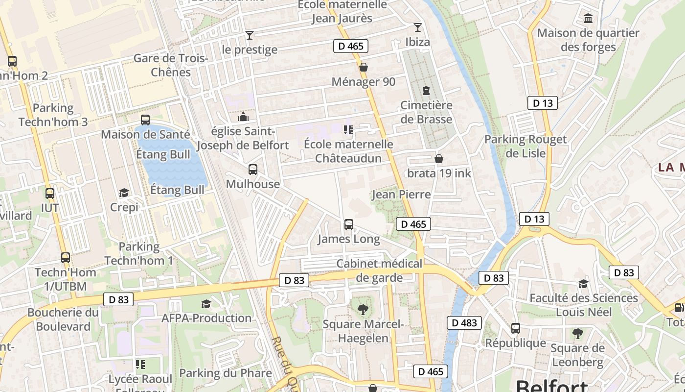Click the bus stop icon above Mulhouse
pyautogui.click(x=253, y=170)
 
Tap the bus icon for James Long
pyautogui.click(x=349, y=224)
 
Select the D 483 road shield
pyautogui.click(x=464, y=323)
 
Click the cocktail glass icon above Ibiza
pyautogui.click(x=417, y=27)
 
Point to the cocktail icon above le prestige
pyautogui.click(x=250, y=35)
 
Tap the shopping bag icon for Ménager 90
pyautogui.click(x=364, y=67)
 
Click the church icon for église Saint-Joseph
pyautogui.click(x=243, y=117)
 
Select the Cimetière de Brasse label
pyautogui.click(x=426, y=112)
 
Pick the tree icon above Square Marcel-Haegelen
pyautogui.click(x=363, y=309)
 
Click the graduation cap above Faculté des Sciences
pyautogui.click(x=583, y=284)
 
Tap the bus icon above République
pyautogui.click(x=516, y=328)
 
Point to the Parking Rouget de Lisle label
pyautogui.click(x=525, y=146)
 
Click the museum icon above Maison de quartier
pyautogui.click(x=588, y=19)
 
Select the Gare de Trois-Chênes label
pyautogui.click(x=171, y=65)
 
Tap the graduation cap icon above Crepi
pyautogui.click(x=124, y=193)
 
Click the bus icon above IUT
pyautogui.click(x=50, y=194)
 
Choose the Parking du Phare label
pyautogui.click(x=225, y=373)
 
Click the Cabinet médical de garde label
pyautogui.click(x=379, y=270)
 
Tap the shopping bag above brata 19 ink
pyautogui.click(x=439, y=159)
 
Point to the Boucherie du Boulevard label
pyautogui.click(x=63, y=319)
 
